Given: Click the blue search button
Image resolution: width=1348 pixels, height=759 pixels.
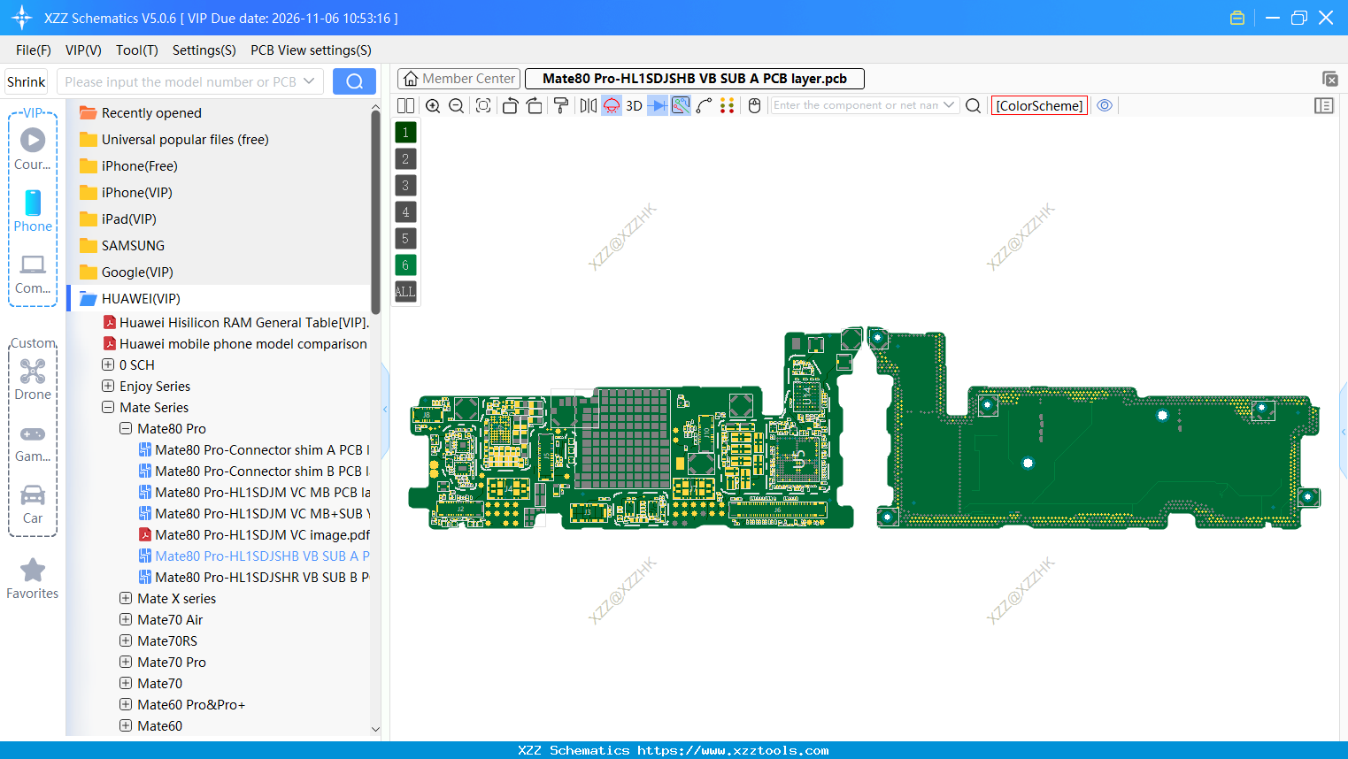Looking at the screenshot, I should [x=354, y=81].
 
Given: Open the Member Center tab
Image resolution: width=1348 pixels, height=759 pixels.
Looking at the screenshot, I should [x=458, y=79].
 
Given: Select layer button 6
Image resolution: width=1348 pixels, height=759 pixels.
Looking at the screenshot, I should [x=405, y=264].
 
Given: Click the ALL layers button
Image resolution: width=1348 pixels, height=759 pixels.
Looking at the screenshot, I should [x=405, y=291].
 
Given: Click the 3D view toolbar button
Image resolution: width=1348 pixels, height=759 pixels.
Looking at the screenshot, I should [x=634, y=105].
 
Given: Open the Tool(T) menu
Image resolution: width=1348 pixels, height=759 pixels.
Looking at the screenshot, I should [x=136, y=50].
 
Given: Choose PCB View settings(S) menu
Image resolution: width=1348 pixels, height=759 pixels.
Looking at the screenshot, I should [x=311, y=50].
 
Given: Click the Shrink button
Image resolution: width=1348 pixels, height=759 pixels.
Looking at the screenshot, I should [x=26, y=81].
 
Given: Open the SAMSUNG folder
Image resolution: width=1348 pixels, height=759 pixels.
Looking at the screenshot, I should [x=133, y=246].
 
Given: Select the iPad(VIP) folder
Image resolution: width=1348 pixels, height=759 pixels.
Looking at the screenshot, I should [x=128, y=219].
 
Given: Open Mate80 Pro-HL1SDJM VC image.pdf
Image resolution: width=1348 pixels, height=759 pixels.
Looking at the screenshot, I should [x=262, y=535].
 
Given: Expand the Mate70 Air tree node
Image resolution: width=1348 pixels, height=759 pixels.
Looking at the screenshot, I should [x=126, y=620].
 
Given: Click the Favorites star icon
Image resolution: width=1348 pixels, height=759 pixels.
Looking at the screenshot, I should [x=33, y=571].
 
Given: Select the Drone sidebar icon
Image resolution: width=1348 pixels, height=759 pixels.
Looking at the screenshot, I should [x=33, y=372].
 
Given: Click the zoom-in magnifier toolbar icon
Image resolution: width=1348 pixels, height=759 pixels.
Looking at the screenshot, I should [x=433, y=105].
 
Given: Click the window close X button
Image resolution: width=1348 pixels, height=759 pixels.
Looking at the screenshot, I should [x=1326, y=18].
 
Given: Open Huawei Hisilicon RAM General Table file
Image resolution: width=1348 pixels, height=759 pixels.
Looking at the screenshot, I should [x=243, y=323].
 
